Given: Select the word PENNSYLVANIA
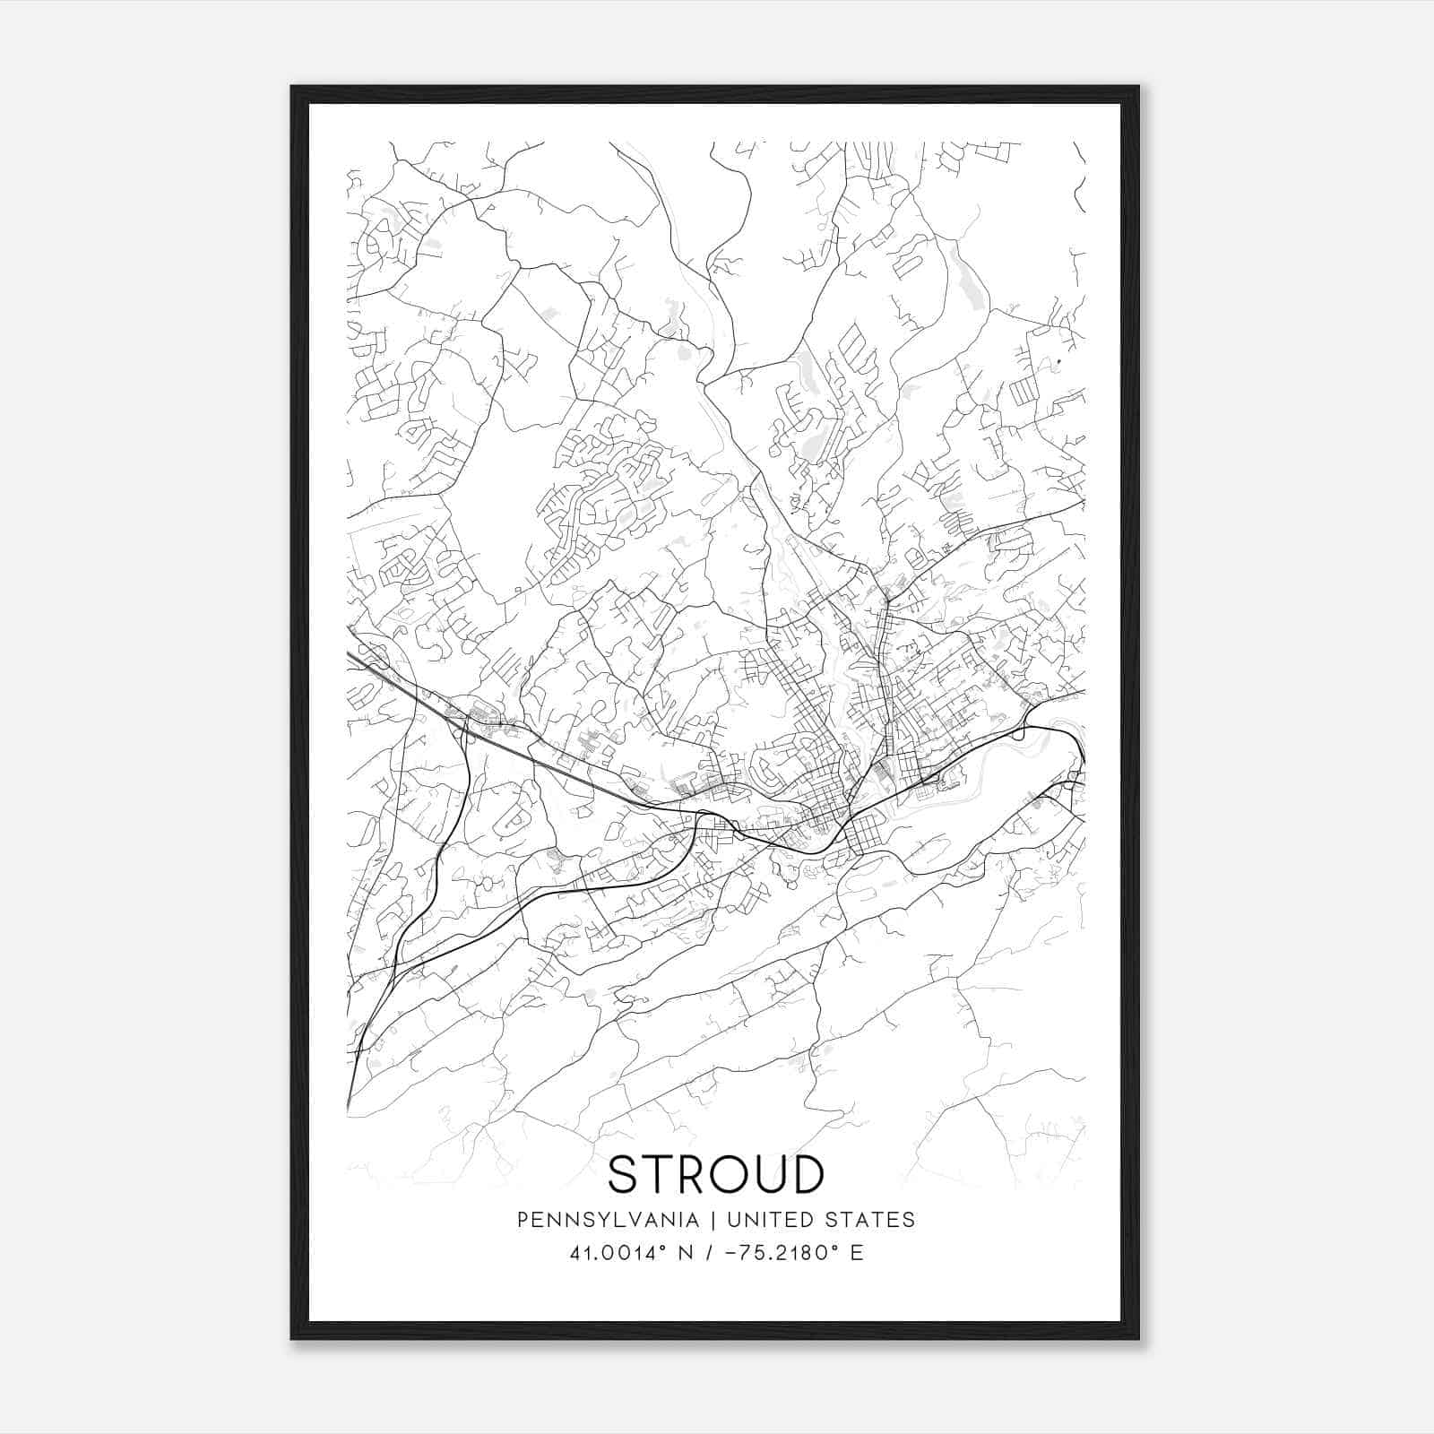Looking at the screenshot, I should [608, 1220].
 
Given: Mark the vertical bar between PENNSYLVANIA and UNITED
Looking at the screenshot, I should [713, 1220].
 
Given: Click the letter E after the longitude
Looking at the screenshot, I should [858, 1253].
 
